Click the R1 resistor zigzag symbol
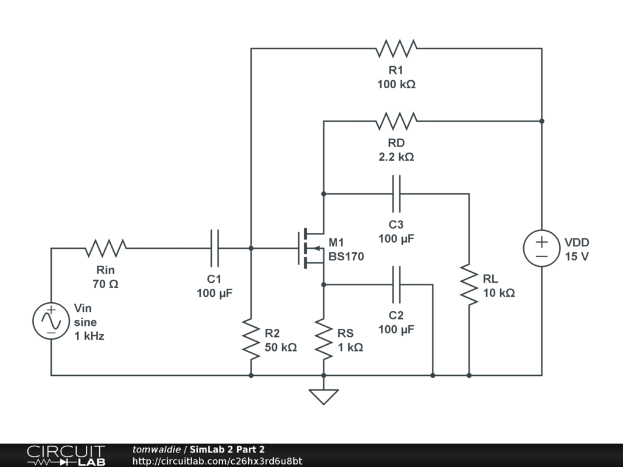pyautogui.click(x=396, y=49)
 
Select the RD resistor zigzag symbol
pyautogui.click(x=396, y=121)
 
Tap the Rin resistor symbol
pyautogui.click(x=106, y=248)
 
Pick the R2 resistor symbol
pyautogui.click(x=251, y=339)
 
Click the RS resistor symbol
pyautogui.click(x=324, y=339)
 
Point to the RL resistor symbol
pyautogui.click(x=469, y=285)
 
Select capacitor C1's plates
pyautogui.click(x=215, y=248)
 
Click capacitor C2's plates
pyautogui.click(x=396, y=285)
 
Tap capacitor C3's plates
pyautogui.click(x=396, y=194)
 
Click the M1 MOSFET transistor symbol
pyautogui.click(x=311, y=248)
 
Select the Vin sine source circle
pyautogui.click(x=51, y=321)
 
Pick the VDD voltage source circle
pyautogui.click(x=541, y=248)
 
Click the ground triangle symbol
pyautogui.click(x=324, y=396)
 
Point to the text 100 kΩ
pyautogui.click(x=396, y=84)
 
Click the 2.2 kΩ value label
pyautogui.click(x=396, y=157)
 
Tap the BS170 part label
pyautogui.click(x=346, y=257)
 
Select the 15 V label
pyautogui.click(x=577, y=257)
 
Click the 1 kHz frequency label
pyautogui.click(x=89, y=336)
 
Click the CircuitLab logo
pyautogui.click(x=66, y=455)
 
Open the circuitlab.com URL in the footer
pyautogui.click(x=217, y=461)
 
